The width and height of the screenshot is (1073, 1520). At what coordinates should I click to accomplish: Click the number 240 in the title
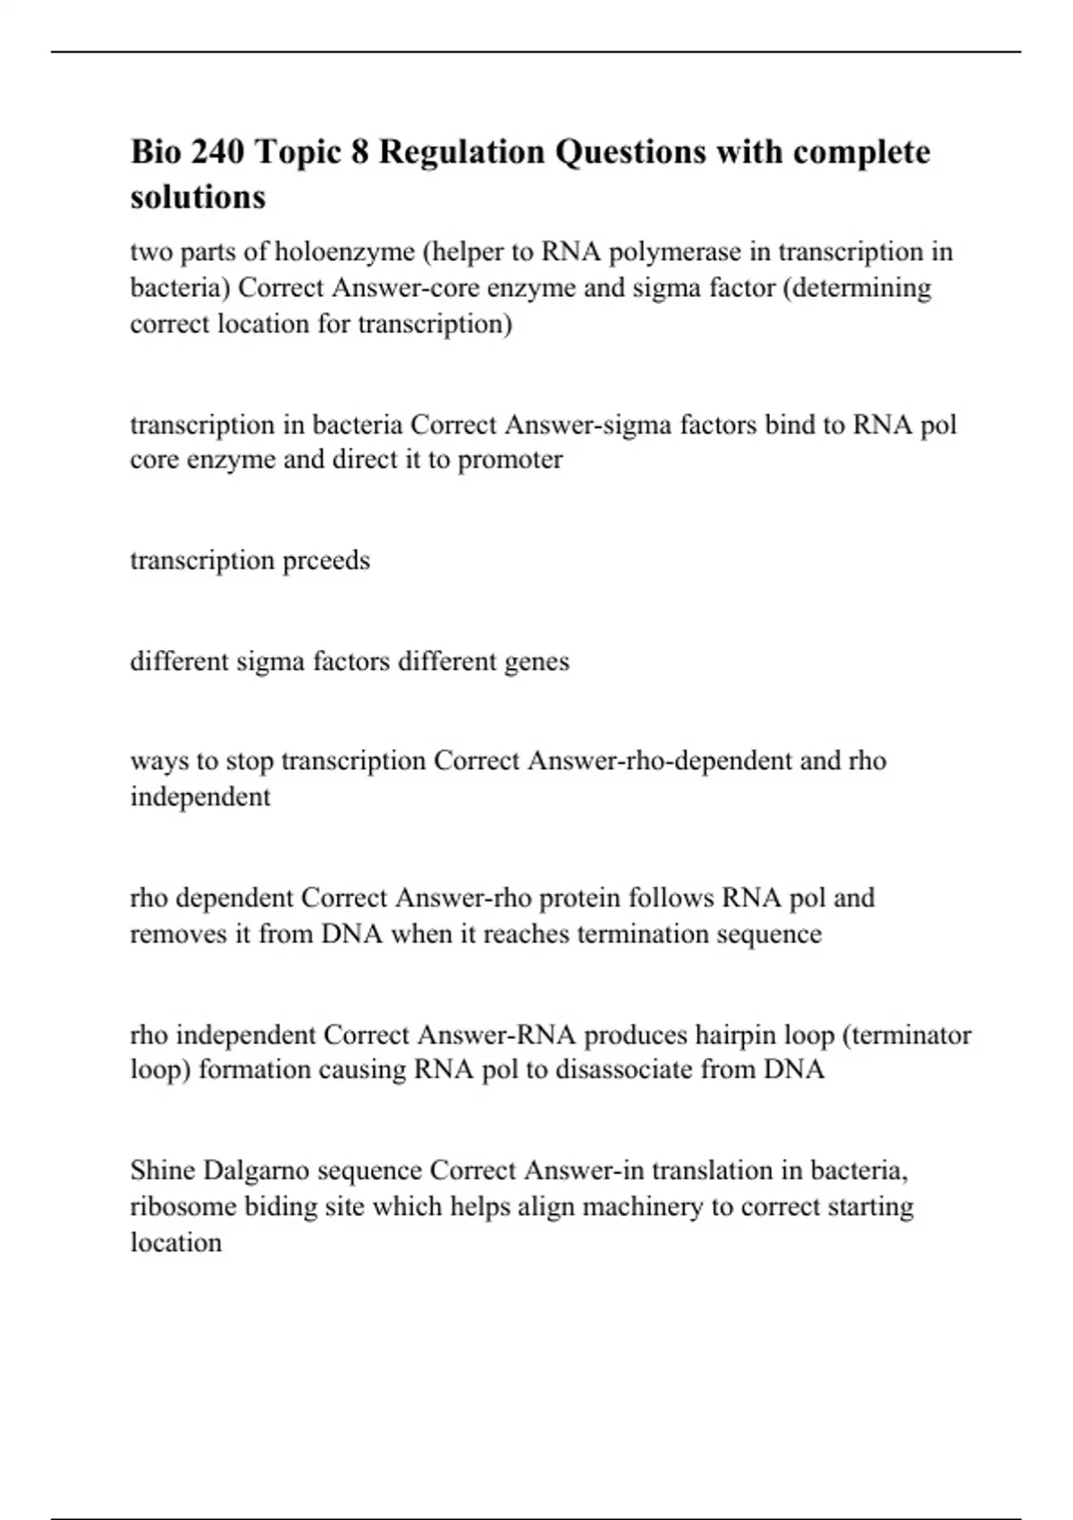point(214,152)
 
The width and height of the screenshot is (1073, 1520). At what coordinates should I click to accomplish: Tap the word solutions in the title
point(198,197)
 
